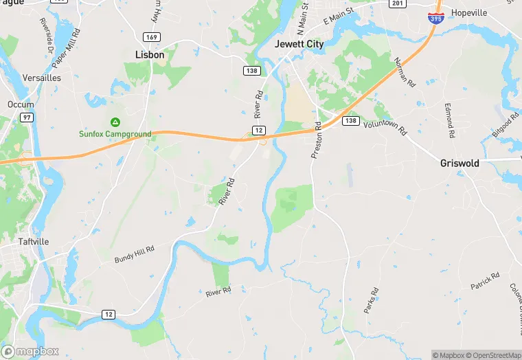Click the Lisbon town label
click(150, 55)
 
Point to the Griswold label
click(459, 164)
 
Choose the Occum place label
click(20, 104)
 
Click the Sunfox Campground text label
click(114, 134)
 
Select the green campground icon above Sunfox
click(115, 122)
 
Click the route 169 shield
click(152, 36)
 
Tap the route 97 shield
click(27, 118)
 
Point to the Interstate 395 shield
click(435, 18)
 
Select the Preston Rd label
click(317, 141)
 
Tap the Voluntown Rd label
click(385, 127)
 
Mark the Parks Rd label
click(371, 300)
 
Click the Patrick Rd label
click(485, 280)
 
